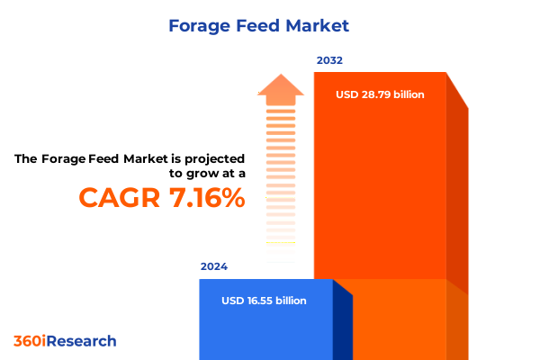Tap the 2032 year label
(x=328, y=61)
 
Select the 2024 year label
(x=214, y=267)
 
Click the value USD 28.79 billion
(x=380, y=94)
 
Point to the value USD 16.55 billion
(x=264, y=301)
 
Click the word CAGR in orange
(x=121, y=199)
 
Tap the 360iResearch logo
(x=65, y=341)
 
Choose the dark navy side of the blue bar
(x=342, y=324)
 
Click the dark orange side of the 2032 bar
(x=457, y=198)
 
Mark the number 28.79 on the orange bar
(x=376, y=94)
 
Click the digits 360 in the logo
(x=26, y=341)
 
